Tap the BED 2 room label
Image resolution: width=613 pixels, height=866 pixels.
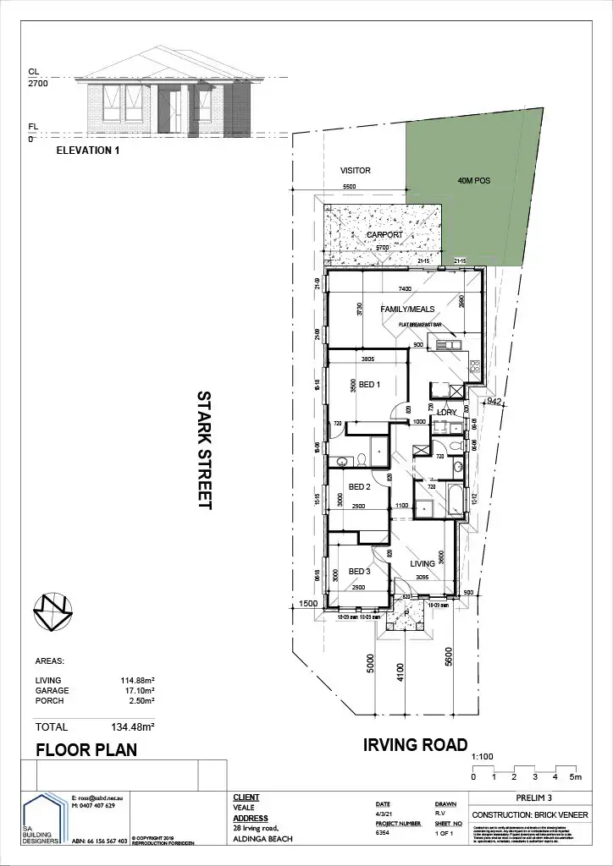pos(360,487)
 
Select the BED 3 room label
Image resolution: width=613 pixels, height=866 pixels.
pos(360,572)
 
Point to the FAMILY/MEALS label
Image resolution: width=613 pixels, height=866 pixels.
pos(403,310)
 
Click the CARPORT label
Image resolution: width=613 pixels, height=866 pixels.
pos(384,235)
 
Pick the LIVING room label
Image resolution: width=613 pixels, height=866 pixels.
pos(422,564)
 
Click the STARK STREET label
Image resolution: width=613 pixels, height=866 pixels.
pos(203,450)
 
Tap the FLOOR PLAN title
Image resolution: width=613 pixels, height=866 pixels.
pos(86,750)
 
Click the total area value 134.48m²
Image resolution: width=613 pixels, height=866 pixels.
pos(134,726)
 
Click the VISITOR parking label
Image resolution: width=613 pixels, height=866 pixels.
pos(356,170)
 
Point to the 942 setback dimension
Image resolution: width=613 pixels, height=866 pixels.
pos(495,402)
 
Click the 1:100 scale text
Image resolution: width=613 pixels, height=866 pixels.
pos(481,758)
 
